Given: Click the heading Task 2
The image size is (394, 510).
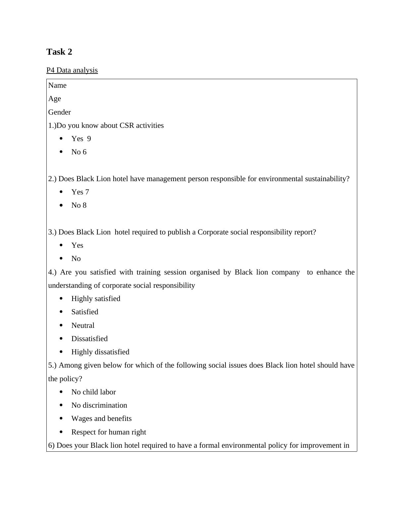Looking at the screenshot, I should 59,52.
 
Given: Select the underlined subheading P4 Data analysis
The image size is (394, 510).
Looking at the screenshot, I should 72,70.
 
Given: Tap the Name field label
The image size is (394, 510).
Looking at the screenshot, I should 57,85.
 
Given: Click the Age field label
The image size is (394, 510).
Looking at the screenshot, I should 55,99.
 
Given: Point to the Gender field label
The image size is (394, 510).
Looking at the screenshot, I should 60,112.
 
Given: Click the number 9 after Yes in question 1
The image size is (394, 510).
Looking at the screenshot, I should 89,139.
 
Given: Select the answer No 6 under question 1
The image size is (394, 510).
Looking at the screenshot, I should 79,152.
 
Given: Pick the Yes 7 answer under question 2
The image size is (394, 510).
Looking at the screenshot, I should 80,192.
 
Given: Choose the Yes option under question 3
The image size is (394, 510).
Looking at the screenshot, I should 77,245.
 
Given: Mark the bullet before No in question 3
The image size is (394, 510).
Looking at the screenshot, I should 61,259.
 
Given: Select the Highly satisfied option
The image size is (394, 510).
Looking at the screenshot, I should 96,299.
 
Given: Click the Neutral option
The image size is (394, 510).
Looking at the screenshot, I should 83,326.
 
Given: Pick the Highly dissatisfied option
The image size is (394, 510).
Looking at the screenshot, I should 100,352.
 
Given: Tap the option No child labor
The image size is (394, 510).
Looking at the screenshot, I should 93,392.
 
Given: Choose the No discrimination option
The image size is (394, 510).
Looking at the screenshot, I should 99,405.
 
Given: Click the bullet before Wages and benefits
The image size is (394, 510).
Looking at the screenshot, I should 61,419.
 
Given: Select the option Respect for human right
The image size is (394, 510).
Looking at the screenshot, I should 109,432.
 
